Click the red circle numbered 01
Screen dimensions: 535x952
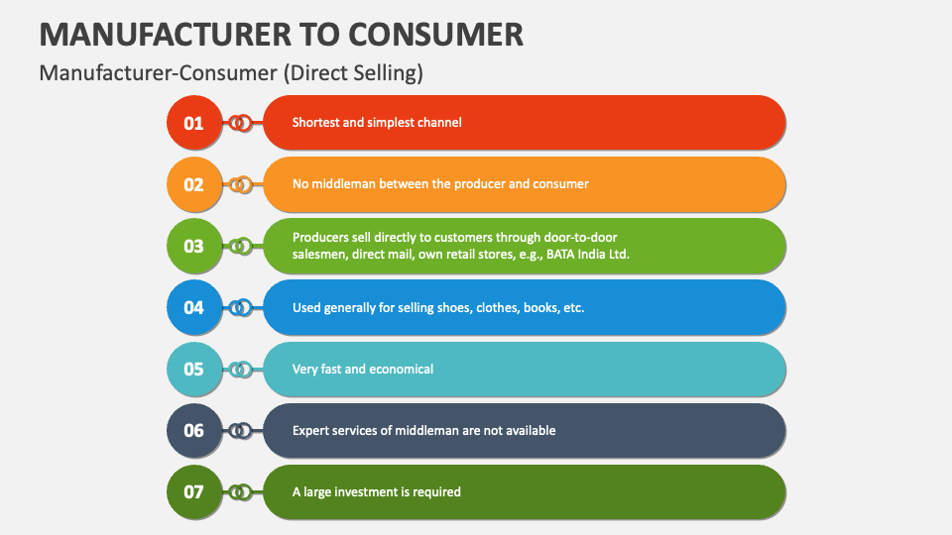tap(194, 123)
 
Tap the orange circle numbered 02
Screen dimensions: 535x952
tap(194, 184)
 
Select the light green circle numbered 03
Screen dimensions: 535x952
tap(194, 246)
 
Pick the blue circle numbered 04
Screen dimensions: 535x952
tap(194, 307)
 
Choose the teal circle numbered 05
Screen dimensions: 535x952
tap(194, 369)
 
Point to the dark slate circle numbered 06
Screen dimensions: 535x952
tap(194, 430)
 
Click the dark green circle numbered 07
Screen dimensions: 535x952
tap(194, 491)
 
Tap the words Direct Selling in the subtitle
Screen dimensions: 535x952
tap(369, 72)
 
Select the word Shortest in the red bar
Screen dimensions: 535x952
tap(317, 123)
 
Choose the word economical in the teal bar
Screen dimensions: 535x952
tap(401, 369)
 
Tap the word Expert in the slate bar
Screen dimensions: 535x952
tap(310, 430)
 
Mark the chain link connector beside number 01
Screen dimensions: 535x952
tap(239, 123)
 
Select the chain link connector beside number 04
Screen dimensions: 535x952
tap(239, 307)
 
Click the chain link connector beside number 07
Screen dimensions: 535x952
tap(239, 491)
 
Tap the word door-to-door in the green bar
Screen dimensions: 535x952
tap(588, 237)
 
